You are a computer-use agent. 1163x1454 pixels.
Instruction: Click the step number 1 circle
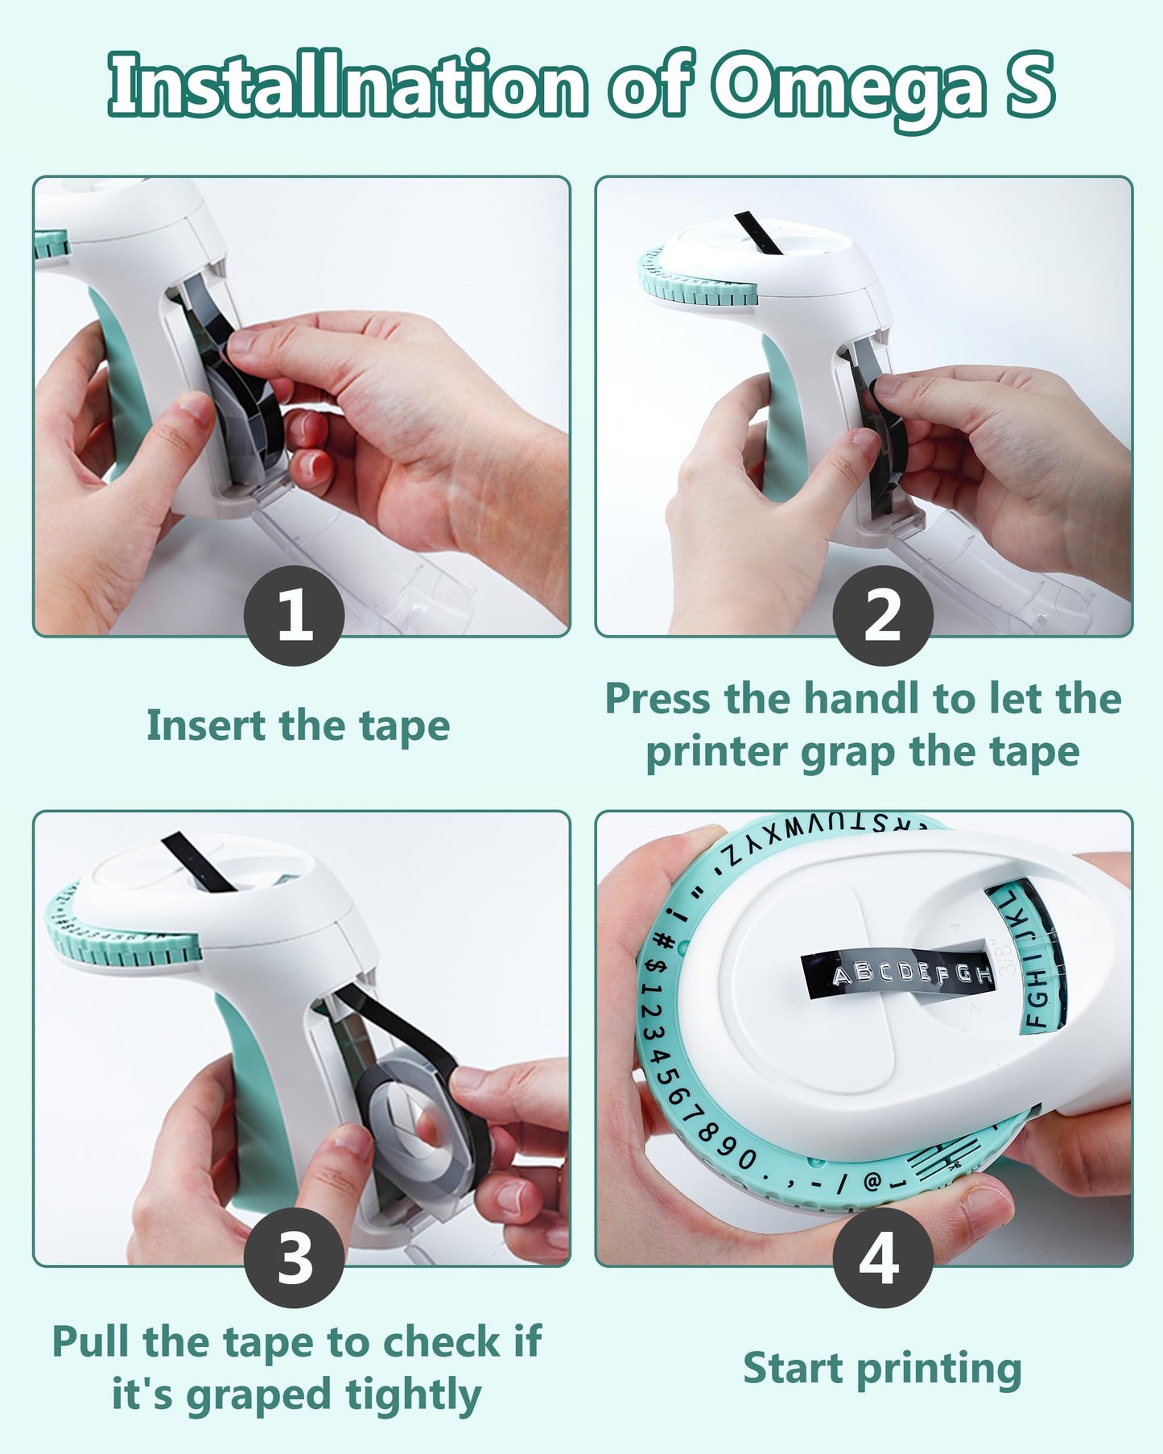[x=295, y=615]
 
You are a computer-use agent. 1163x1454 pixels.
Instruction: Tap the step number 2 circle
[x=883, y=615]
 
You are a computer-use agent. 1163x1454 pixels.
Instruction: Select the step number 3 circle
[x=295, y=1258]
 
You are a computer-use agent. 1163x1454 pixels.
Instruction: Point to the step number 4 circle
[x=883, y=1258]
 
